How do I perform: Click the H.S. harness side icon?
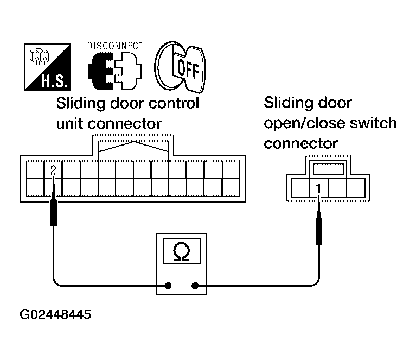[47, 67]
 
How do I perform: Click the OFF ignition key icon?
[180, 67]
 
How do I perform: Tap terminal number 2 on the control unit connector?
[53, 170]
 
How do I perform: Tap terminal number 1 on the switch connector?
[319, 188]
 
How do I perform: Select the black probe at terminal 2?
[53, 212]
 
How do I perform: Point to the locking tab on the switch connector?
[325, 169]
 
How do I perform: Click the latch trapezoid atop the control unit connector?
[134, 147]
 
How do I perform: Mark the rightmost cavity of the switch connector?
[355, 188]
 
